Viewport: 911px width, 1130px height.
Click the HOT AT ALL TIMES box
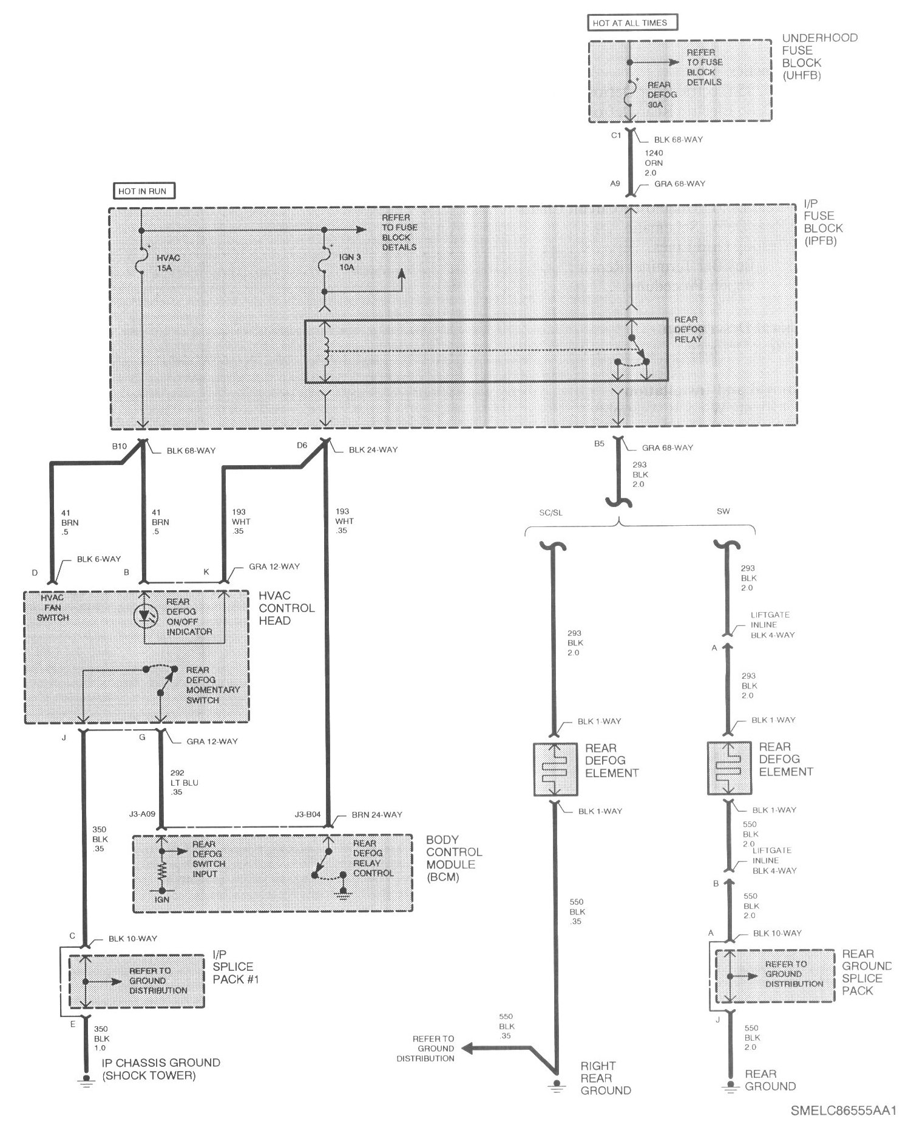click(632, 23)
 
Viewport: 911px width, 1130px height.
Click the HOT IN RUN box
click(144, 191)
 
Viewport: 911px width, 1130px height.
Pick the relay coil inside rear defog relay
click(326, 352)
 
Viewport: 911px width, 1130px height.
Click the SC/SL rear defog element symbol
click(555, 770)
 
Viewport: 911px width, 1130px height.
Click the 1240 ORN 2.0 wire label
click(654, 163)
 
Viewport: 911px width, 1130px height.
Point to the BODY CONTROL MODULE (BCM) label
click(453, 858)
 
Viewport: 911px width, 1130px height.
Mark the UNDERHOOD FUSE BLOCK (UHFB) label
click(819, 56)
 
